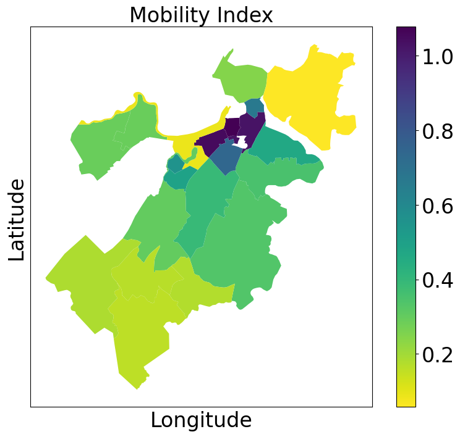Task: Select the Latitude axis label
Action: click(17, 219)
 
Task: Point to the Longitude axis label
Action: click(201, 420)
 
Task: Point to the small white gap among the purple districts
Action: click(242, 143)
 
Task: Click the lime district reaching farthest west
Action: click(80, 278)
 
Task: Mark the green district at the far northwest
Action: click(99, 145)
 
